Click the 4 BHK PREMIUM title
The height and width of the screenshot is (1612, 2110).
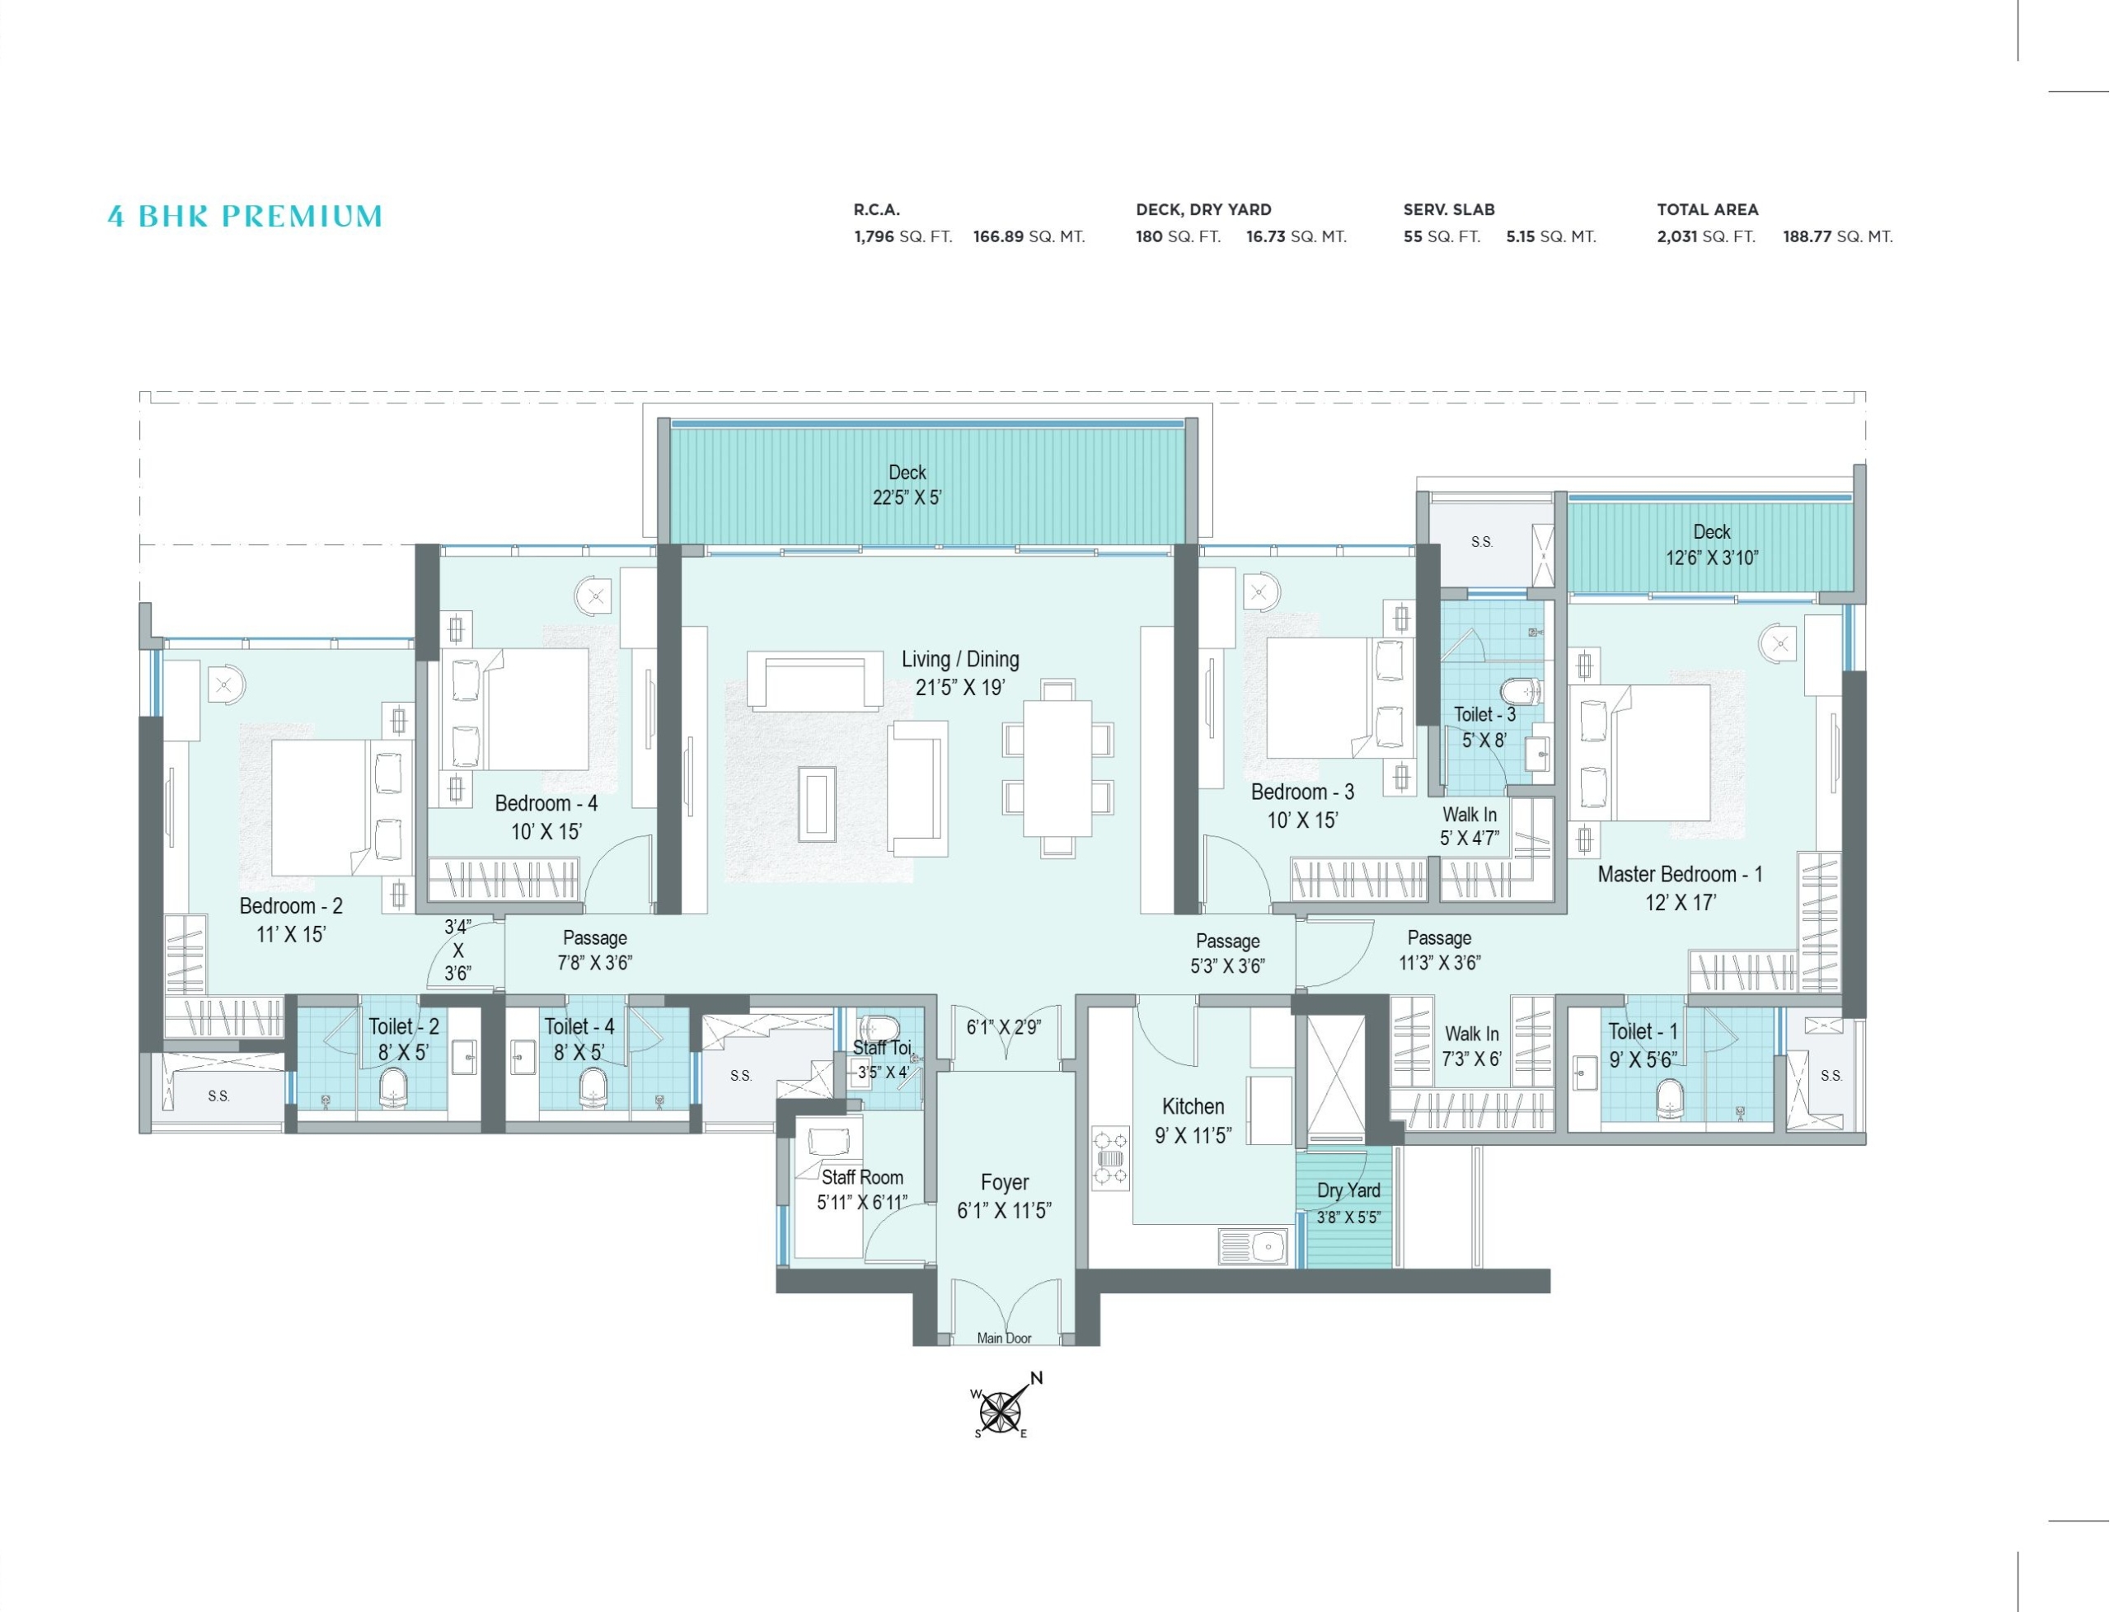coord(245,217)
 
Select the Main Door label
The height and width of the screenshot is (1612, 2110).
coord(1004,1338)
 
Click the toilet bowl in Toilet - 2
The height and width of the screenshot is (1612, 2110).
coord(395,1088)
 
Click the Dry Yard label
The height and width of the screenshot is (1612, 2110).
coord(1348,1189)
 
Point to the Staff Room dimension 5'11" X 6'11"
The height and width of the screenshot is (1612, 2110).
coord(862,1203)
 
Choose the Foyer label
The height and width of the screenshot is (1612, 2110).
coord(1004,1182)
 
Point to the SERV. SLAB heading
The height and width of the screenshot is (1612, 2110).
coord(1449,209)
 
